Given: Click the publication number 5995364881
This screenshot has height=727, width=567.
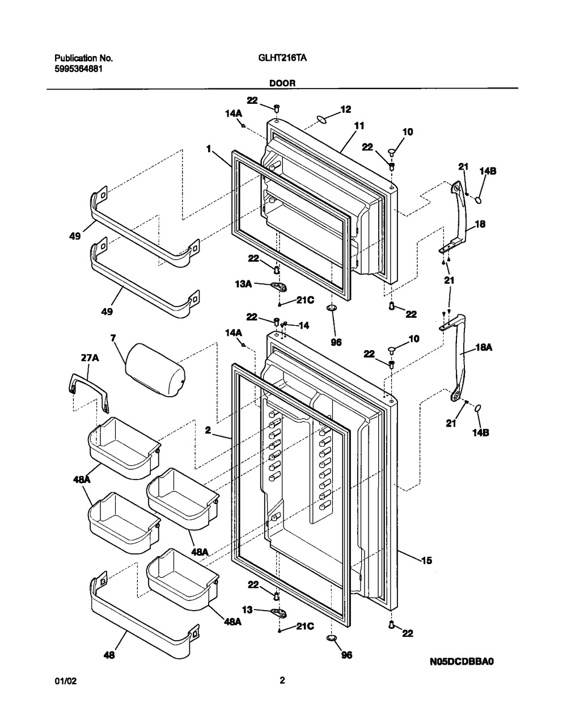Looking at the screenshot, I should click(79, 68).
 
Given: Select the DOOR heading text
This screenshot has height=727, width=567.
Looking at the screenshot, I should click(282, 83).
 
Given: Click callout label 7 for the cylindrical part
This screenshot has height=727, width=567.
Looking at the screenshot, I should click(113, 339).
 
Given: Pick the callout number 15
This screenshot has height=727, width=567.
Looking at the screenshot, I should click(426, 561).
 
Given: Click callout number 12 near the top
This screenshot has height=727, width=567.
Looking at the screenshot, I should click(345, 110).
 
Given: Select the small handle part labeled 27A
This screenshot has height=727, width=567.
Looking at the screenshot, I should click(89, 391).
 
